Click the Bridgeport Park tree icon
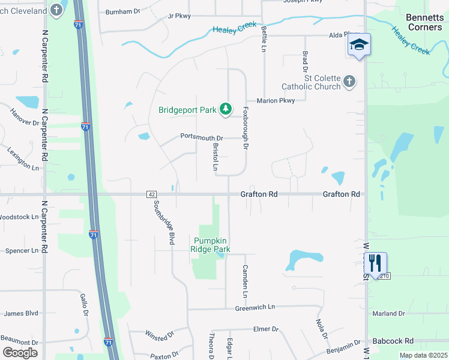226,109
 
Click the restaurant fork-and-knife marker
375,263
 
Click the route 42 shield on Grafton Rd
151,194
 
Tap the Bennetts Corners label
424,22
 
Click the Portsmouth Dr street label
202,137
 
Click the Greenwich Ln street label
255,307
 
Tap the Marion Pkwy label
276,101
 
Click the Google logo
20,353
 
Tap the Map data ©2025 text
423,355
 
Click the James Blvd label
21,313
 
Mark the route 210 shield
384,276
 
